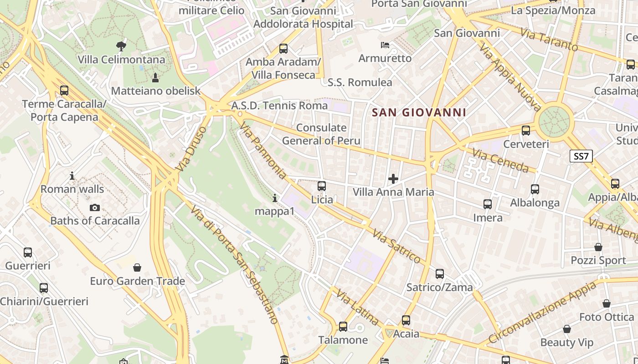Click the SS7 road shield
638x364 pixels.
[581, 157]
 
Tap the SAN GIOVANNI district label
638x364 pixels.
[419, 112]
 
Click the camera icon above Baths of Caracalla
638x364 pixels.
[95, 208]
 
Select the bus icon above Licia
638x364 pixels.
[322, 186]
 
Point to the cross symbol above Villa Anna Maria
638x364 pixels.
[393, 178]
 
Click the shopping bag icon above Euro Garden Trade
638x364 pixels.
[137, 268]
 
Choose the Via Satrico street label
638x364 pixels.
[396, 246]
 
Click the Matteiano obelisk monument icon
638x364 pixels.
[155, 78]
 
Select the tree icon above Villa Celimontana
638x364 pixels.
[121, 46]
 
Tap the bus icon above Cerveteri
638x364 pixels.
[526, 131]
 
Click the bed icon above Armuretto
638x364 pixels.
[385, 45]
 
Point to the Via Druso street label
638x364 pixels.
[190, 149]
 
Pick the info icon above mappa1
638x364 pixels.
[275, 198]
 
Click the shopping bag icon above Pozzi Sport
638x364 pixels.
[598, 247]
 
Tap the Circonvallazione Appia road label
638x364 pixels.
[542, 312]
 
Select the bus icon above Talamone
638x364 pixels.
[343, 327]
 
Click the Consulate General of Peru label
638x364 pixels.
[321, 134]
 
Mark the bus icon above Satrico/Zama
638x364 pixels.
[440, 274]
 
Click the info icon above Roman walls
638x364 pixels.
[72, 176]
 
